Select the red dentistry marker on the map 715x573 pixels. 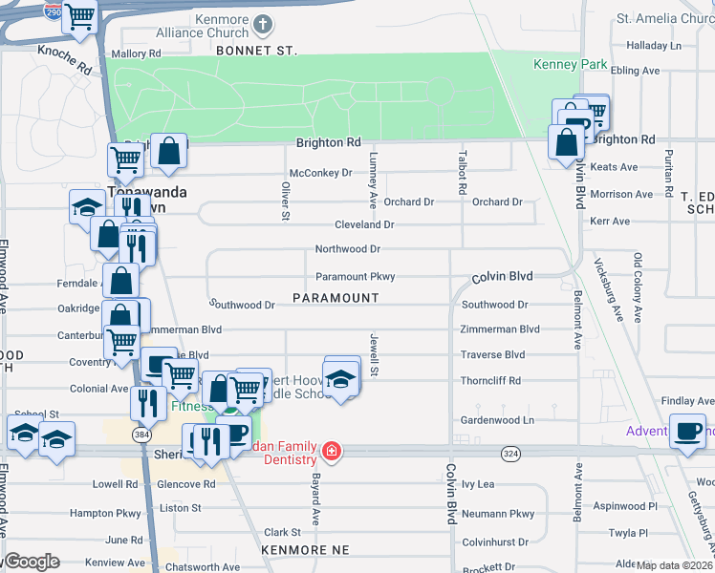coord(331,451)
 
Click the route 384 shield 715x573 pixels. coord(141,435)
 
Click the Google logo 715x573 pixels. coord(31,562)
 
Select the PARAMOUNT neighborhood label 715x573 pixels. coord(336,298)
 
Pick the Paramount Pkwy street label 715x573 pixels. coord(356,277)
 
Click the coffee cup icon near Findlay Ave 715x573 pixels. coord(686,429)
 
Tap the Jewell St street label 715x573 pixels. coord(375,354)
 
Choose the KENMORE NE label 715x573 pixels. coord(306,550)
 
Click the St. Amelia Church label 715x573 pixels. coord(660,18)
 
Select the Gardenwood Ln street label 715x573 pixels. coord(496,420)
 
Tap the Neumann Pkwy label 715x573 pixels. coord(497,514)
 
